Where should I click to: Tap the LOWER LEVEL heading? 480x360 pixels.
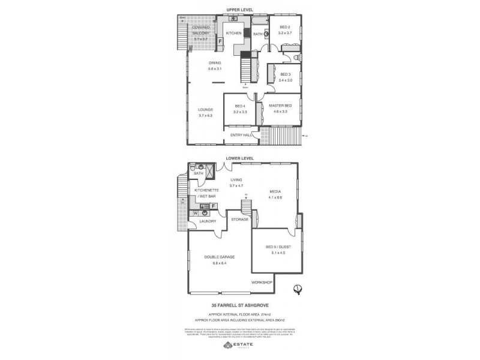(240, 158)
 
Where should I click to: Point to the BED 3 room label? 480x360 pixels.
(285, 74)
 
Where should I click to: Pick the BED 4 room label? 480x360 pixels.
(240, 106)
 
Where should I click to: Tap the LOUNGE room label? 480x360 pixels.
(206, 109)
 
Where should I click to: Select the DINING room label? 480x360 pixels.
(215, 62)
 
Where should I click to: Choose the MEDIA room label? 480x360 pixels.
(275, 192)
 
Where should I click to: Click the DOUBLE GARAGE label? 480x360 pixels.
(219, 257)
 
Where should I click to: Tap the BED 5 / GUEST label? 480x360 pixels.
(275, 247)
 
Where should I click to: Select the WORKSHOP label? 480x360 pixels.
(262, 282)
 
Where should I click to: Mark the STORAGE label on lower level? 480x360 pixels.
(239, 220)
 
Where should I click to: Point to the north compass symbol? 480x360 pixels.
(296, 289)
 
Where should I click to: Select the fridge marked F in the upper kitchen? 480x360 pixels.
(220, 41)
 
